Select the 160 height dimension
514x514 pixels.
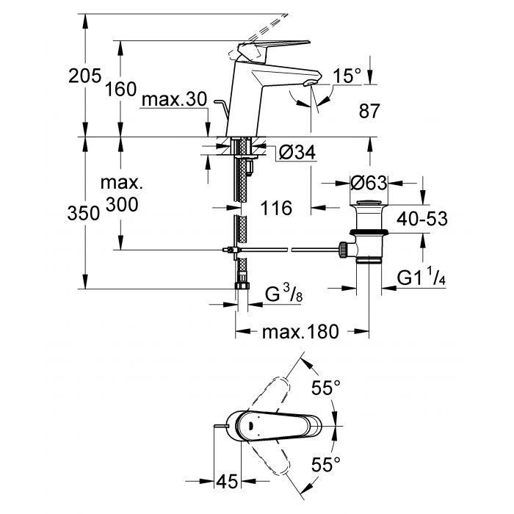pos(121,90)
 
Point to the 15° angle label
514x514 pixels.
pos(347,76)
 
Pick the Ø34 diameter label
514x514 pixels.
pos(297,153)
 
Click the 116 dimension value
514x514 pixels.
pos(276,209)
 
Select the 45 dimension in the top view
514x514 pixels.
pos(228,482)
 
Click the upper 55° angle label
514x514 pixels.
pos(326,387)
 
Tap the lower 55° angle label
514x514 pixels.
pos(326,464)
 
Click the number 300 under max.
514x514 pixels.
pos(121,205)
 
